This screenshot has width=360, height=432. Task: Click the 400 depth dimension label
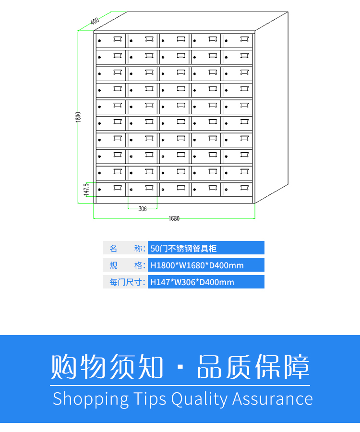coord(94,21)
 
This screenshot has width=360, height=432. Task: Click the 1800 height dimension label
coord(78,117)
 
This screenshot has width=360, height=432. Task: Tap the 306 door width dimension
coord(143,209)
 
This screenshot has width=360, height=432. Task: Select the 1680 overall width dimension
coord(174,219)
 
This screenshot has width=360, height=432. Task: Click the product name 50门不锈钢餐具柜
coord(183,248)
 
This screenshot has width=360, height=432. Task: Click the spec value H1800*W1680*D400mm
coord(197,265)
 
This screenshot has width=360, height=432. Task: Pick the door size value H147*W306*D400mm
coord(192,282)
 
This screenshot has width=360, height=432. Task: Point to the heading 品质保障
coord(253,367)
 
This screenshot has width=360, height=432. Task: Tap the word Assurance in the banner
coord(273,399)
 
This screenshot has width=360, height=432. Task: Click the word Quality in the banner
coord(199,399)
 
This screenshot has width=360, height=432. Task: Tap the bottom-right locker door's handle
coord(244,188)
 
